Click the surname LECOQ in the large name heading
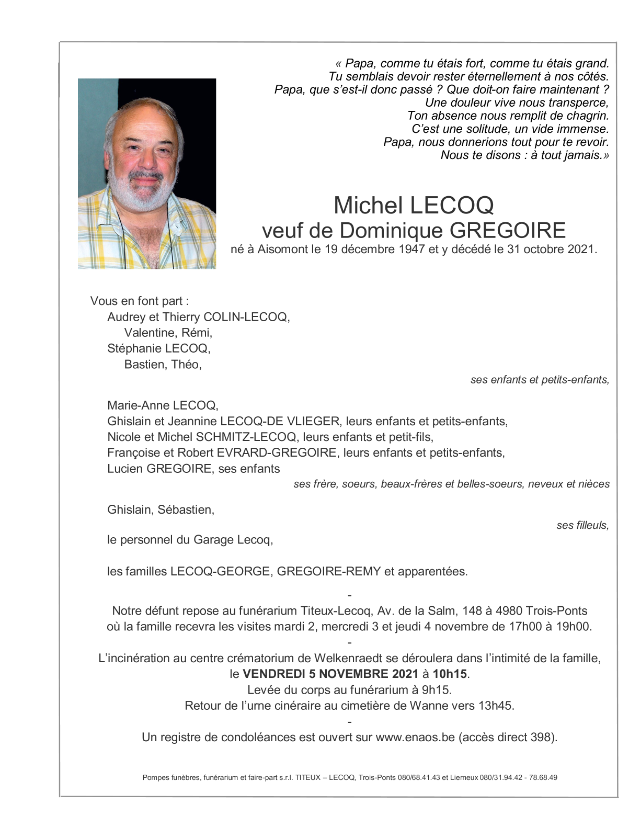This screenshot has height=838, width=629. point(452,206)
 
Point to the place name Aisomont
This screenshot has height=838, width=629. point(282,250)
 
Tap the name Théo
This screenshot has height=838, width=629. point(186,365)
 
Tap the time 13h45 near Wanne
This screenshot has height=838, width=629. point(495,706)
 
